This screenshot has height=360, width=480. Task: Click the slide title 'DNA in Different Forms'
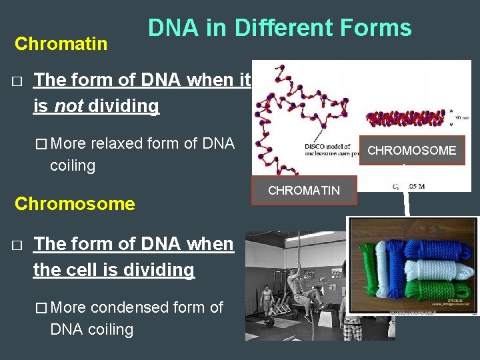point(279,28)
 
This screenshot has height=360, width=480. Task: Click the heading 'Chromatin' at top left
point(61,44)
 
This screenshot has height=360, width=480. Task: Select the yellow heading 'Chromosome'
point(75,203)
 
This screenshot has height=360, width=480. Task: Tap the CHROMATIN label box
point(303,191)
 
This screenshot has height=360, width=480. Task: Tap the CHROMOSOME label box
point(411,151)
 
